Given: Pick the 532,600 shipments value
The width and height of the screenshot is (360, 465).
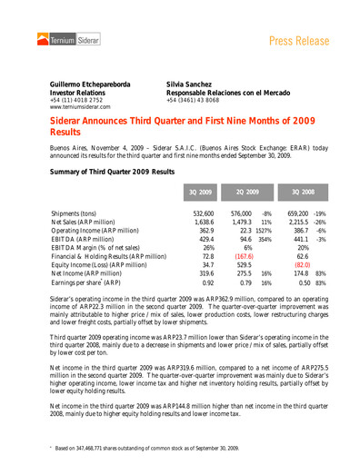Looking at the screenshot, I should (x=203, y=213).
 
